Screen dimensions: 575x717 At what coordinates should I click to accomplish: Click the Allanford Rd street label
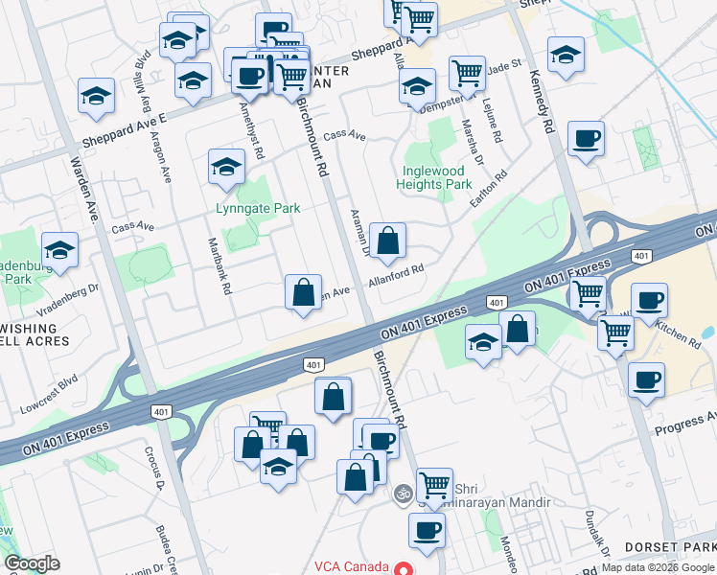[x=397, y=279]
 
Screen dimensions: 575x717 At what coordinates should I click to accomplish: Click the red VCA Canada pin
[x=404, y=568]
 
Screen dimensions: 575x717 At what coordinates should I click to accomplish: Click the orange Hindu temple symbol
[x=404, y=494]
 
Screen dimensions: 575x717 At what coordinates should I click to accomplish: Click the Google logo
[x=32, y=563]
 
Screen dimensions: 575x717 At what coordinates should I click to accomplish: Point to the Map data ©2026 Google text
[x=658, y=567]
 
